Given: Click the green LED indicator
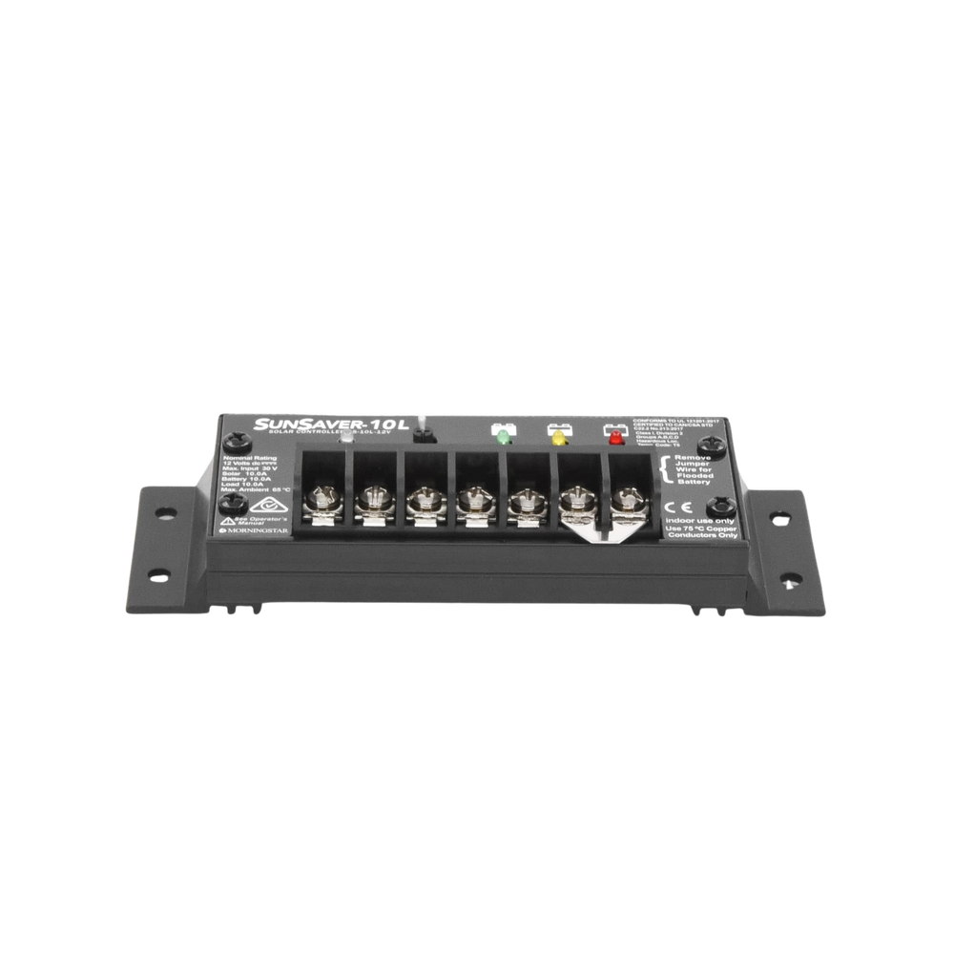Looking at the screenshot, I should pos(502,438).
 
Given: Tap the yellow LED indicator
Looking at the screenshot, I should pos(557,438).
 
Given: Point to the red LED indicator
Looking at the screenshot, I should pos(613,438).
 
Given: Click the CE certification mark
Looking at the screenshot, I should pos(670,506).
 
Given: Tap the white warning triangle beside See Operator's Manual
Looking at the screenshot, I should pos(228,522).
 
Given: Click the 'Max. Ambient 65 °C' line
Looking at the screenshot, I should pos(253,489).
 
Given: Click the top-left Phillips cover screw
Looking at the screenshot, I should pos(229,441).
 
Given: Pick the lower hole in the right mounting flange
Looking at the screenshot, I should pos(788,575).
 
